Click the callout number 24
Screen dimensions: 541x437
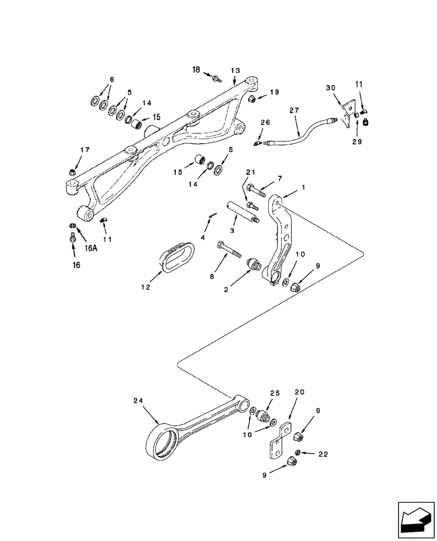click(x=138, y=401)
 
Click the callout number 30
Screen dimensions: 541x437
click(x=330, y=88)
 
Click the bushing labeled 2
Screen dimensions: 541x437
click(x=252, y=266)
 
